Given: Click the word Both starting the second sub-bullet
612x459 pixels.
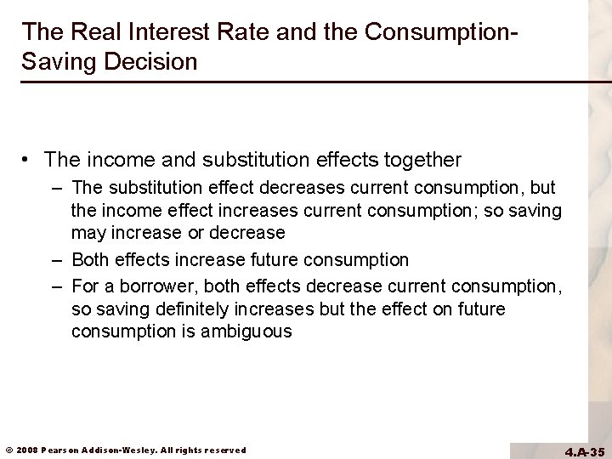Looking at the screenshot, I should pos(89,258).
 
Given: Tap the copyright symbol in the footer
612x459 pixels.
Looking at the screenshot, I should pos(8,450).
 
